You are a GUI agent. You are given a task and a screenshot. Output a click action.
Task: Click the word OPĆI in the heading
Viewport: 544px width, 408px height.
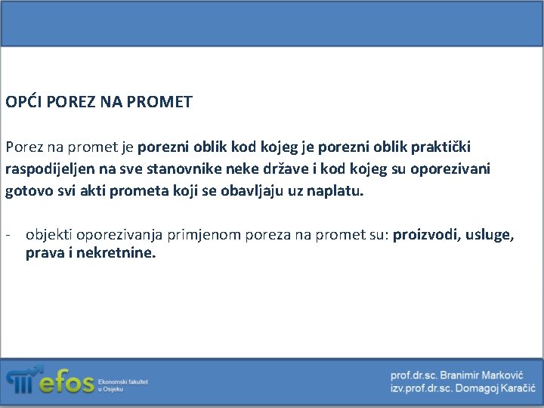pyautogui.click(x=23, y=101)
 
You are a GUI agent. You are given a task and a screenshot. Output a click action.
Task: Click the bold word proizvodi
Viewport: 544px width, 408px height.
pyautogui.click(x=425, y=235)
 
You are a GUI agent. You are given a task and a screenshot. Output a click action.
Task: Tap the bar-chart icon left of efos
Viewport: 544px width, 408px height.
pyautogui.click(x=20, y=380)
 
